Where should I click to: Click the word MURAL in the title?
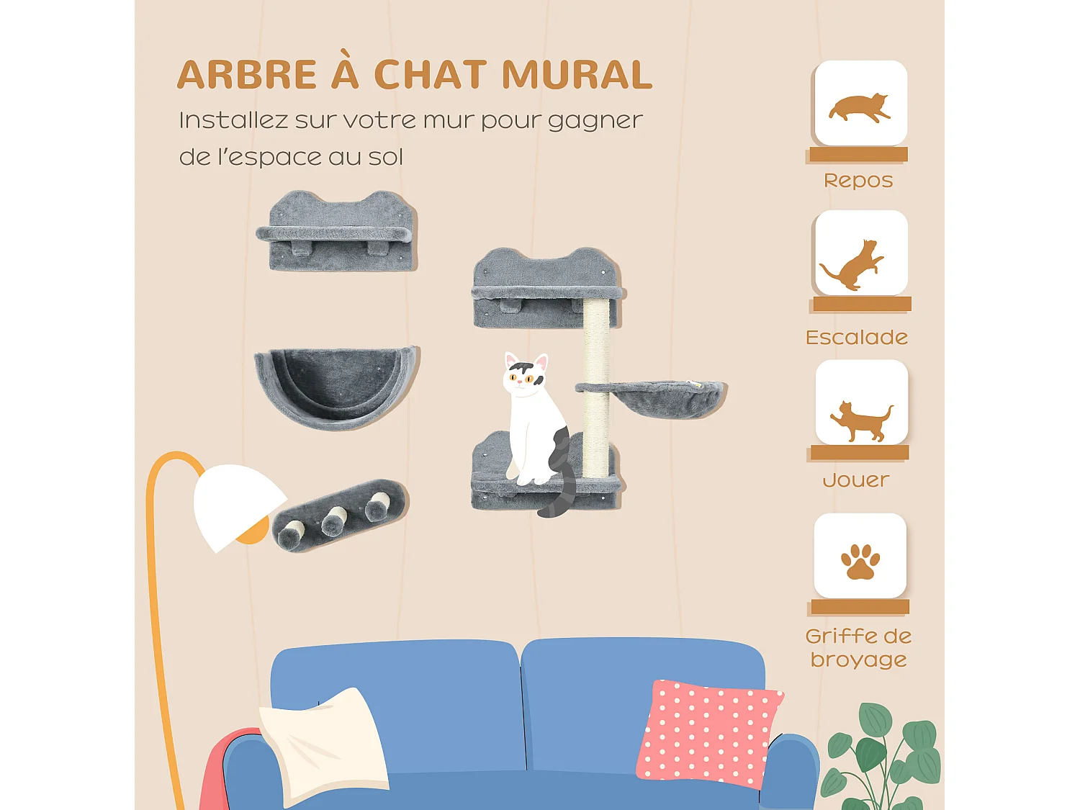pos(577,75)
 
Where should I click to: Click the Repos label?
pos(858,180)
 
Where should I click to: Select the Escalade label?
pos(857,337)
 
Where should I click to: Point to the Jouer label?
pos(856,480)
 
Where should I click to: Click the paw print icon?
pos(860,562)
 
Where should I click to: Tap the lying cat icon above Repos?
pos(860,107)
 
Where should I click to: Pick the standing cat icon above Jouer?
pos(861,421)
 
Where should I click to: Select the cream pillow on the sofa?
pos(324,745)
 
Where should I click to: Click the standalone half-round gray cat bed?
pos(336,385)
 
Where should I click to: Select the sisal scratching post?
pos(596,389)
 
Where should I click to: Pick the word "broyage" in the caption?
pos(858,660)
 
